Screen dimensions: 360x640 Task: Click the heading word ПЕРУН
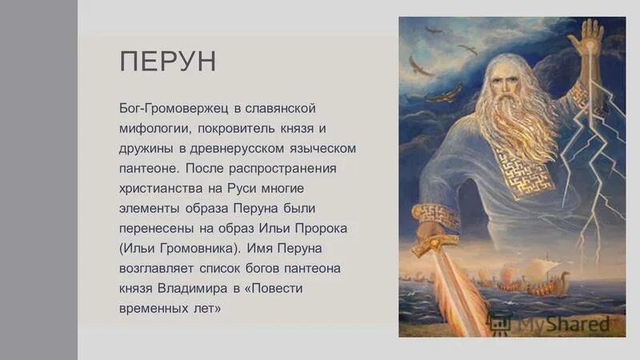coord(167,62)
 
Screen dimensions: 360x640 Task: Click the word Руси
coord(246,190)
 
